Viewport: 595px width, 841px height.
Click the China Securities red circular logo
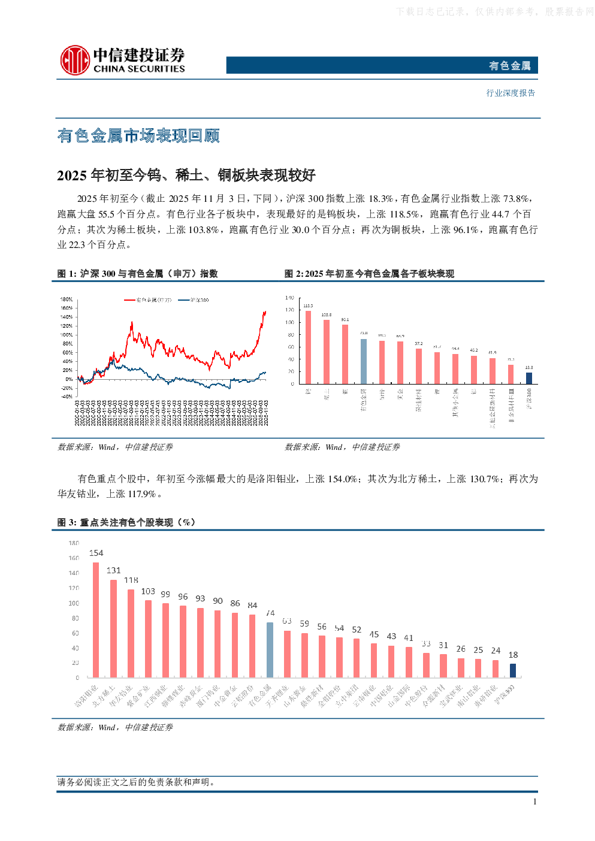(75, 60)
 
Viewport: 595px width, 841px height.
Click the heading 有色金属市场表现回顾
(138, 136)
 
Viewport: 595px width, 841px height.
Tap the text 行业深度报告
(511, 93)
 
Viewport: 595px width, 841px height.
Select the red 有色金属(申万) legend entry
(148, 300)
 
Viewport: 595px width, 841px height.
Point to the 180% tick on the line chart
(67, 300)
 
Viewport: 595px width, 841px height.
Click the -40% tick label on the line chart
(67, 397)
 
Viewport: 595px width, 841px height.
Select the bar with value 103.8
(327, 352)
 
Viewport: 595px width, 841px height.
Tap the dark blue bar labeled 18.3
(528, 378)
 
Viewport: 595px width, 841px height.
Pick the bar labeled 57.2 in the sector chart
(419, 366)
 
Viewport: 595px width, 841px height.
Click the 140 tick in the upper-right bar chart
(289, 298)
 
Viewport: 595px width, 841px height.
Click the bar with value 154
(96, 620)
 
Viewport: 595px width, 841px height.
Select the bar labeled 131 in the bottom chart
(113, 628)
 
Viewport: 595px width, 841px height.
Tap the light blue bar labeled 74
(270, 650)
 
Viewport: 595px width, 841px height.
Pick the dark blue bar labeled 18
(513, 670)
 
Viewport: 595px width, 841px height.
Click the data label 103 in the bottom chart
(148, 591)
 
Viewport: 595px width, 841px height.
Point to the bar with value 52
(357, 658)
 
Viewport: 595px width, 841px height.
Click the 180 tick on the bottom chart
(74, 543)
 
